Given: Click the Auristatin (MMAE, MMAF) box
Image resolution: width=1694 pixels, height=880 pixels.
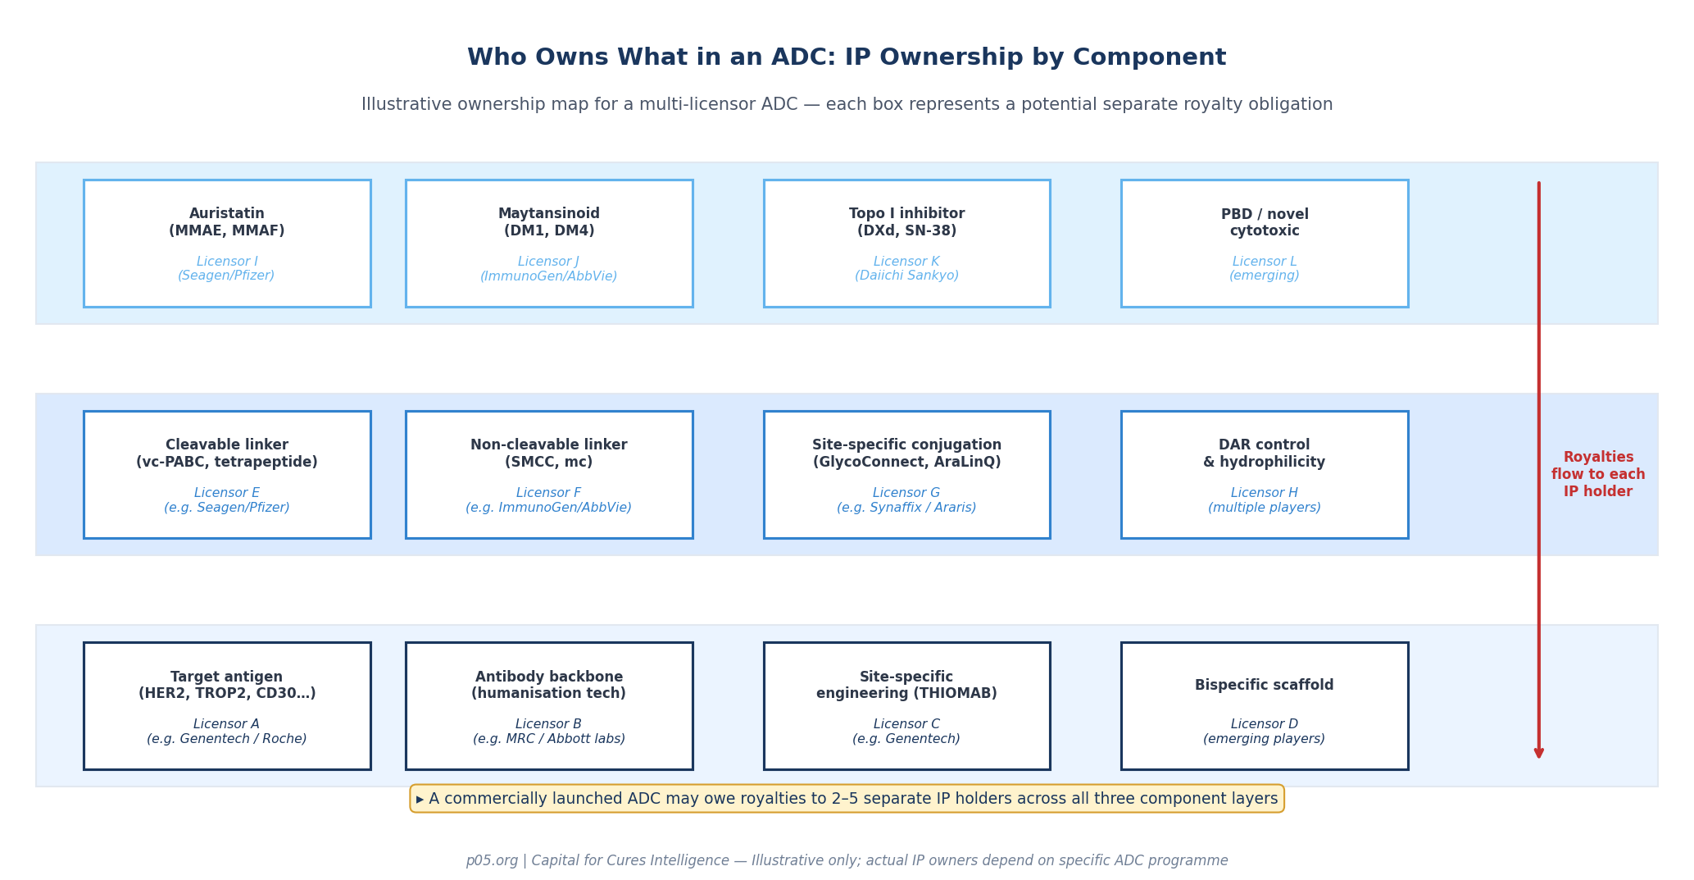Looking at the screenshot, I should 227,244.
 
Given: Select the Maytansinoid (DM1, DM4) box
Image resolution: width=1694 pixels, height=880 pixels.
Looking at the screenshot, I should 549,244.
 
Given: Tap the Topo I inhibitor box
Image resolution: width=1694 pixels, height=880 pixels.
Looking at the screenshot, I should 906,244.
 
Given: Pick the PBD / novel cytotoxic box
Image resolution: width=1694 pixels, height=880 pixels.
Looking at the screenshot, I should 1265,244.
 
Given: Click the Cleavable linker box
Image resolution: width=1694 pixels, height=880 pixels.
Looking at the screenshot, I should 227,475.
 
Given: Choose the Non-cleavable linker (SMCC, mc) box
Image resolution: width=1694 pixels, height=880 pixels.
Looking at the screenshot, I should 549,475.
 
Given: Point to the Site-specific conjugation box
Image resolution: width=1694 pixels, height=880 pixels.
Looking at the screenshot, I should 906,475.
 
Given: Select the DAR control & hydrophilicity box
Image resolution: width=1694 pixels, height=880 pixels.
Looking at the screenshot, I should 1265,475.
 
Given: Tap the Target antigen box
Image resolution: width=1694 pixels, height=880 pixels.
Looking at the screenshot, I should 227,706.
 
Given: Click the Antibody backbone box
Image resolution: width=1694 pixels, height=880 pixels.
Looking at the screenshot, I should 549,706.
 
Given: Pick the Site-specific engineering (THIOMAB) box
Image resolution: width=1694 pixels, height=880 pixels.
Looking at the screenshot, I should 906,706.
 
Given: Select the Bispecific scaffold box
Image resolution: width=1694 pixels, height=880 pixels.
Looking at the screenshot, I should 1265,706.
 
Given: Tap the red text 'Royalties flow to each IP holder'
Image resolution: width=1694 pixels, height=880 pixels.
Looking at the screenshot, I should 1597,475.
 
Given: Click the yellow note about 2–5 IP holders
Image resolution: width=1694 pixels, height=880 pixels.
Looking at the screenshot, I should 847,799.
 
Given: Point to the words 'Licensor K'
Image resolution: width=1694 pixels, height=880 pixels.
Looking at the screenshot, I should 906,262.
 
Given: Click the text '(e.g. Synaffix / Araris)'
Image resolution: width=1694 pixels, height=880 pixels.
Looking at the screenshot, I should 906,508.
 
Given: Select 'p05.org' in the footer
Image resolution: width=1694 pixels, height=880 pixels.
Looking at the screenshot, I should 492,860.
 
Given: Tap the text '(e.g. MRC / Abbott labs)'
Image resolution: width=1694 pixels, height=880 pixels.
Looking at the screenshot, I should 549,739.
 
